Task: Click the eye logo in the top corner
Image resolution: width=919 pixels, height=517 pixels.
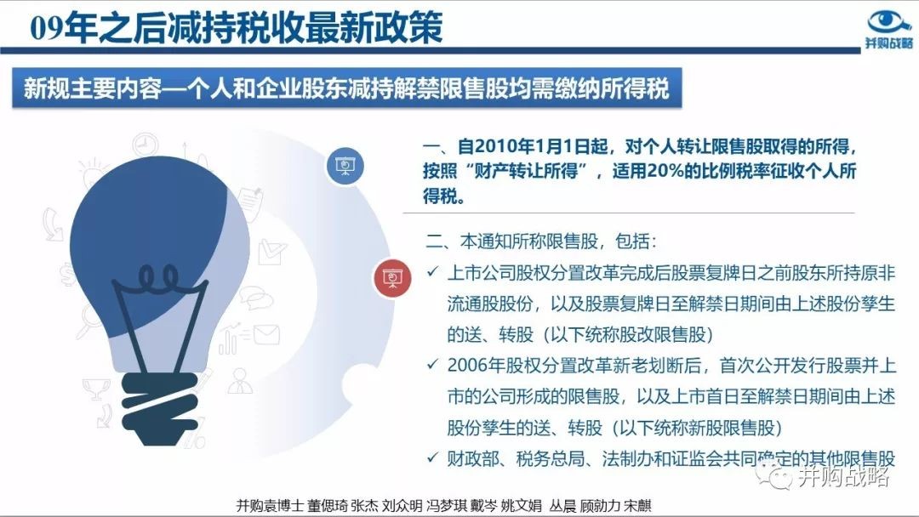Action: [x=889, y=21]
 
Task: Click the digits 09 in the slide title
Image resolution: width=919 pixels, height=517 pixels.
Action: [x=46, y=27]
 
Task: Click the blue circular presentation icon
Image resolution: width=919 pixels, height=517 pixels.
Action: [x=345, y=166]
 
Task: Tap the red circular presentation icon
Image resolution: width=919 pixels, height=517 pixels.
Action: [x=392, y=277]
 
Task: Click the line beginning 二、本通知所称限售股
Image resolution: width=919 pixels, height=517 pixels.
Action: [x=541, y=241]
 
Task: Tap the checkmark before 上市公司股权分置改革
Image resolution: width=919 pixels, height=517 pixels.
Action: [x=432, y=271]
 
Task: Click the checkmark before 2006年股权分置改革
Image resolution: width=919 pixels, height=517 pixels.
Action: [x=432, y=364]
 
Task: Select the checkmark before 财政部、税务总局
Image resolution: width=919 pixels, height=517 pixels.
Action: [x=432, y=457]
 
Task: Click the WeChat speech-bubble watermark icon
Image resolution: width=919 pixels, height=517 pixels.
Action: [x=773, y=474]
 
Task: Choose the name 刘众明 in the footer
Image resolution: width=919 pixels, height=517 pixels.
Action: [x=402, y=505]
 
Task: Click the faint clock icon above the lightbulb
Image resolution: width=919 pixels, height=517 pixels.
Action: [x=144, y=144]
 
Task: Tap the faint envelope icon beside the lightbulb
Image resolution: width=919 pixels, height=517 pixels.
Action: [x=266, y=335]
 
